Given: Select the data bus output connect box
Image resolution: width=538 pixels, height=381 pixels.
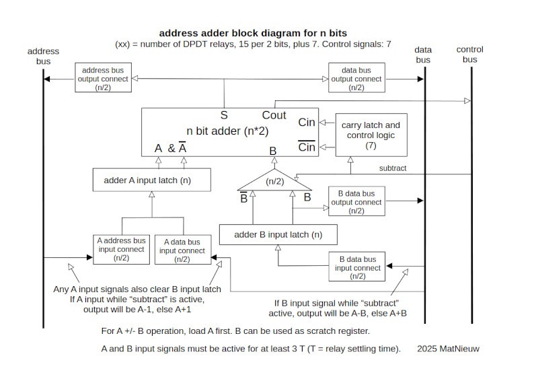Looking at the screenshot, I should [356, 79].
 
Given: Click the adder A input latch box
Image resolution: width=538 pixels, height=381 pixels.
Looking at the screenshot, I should [151, 180].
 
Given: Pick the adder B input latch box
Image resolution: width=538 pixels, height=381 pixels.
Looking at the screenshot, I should [278, 234].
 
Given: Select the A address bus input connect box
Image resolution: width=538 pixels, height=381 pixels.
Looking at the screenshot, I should [121, 249].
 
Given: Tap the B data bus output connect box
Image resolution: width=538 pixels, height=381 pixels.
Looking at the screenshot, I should [356, 202].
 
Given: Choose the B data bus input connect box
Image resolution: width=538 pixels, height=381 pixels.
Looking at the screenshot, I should [357, 267].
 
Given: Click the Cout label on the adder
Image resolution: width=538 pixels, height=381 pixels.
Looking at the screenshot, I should [274, 115].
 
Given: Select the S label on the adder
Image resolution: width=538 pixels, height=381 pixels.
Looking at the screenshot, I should [224, 115].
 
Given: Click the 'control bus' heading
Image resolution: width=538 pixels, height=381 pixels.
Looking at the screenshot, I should [469, 55].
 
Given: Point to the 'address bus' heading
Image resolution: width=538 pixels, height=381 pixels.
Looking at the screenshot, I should [43, 56].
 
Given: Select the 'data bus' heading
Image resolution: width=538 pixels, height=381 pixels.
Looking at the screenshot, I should [422, 55].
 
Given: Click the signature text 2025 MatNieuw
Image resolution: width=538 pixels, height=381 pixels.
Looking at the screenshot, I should [449, 349].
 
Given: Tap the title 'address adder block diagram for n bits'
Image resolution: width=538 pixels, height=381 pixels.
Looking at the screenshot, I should [253, 32].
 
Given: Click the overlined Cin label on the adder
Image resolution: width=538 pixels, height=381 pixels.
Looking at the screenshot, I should [307, 147].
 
